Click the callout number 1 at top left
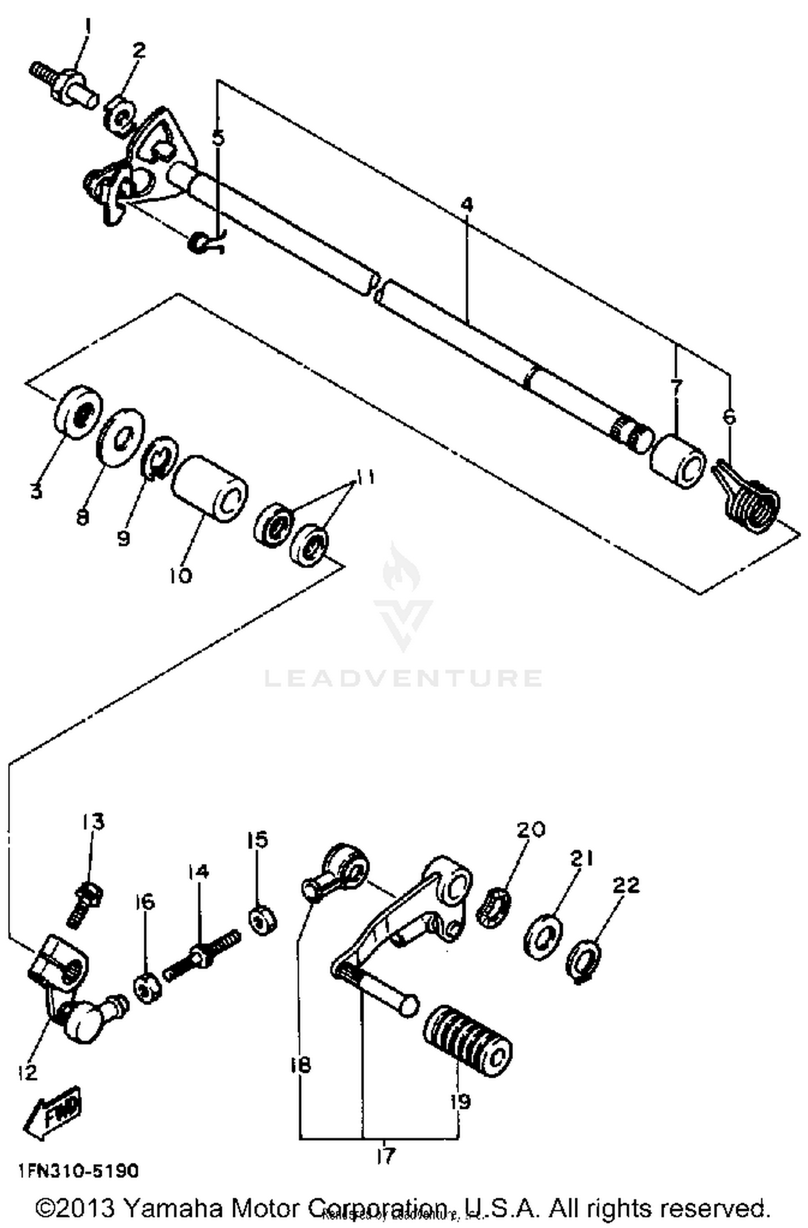point(87,25)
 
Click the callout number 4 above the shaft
point(467,205)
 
